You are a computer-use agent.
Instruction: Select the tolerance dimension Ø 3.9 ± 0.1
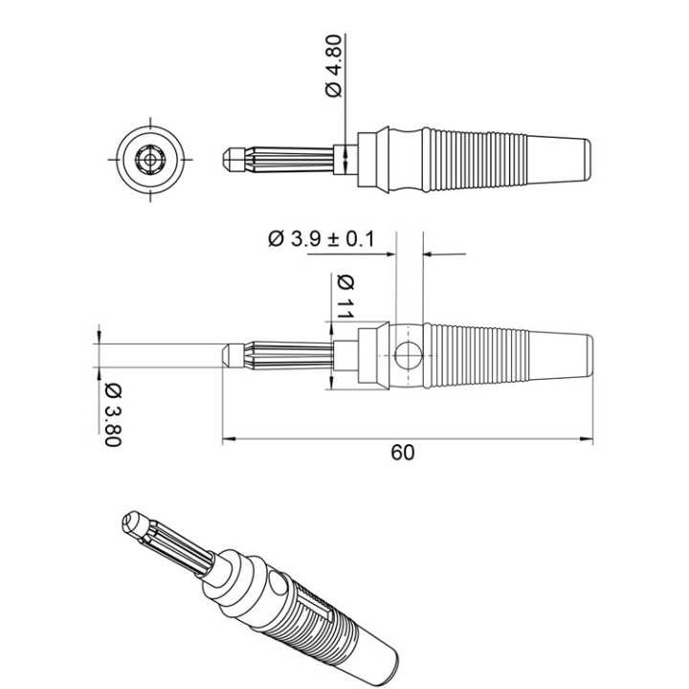(322, 238)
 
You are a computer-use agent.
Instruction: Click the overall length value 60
(403, 454)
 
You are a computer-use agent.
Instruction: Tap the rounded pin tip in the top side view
(228, 156)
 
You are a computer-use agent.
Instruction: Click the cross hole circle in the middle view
(407, 355)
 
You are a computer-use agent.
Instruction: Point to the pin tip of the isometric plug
(132, 523)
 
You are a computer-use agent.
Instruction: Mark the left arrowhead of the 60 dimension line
(227, 441)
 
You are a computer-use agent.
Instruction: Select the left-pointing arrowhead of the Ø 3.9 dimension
(427, 255)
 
